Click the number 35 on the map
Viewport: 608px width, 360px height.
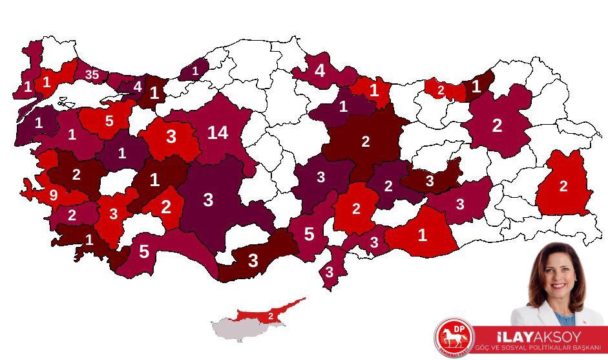92,75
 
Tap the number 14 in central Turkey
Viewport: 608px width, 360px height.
218,133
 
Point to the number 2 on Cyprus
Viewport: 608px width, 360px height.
271,315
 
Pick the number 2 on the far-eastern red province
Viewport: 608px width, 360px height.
563,186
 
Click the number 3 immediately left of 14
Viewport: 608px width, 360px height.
171,137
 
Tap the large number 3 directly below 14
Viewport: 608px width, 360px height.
207,200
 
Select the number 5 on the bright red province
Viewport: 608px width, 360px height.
109,120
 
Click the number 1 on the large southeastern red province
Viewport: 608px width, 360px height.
422,235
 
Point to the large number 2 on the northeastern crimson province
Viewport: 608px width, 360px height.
496,125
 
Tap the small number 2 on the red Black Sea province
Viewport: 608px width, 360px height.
441,90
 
